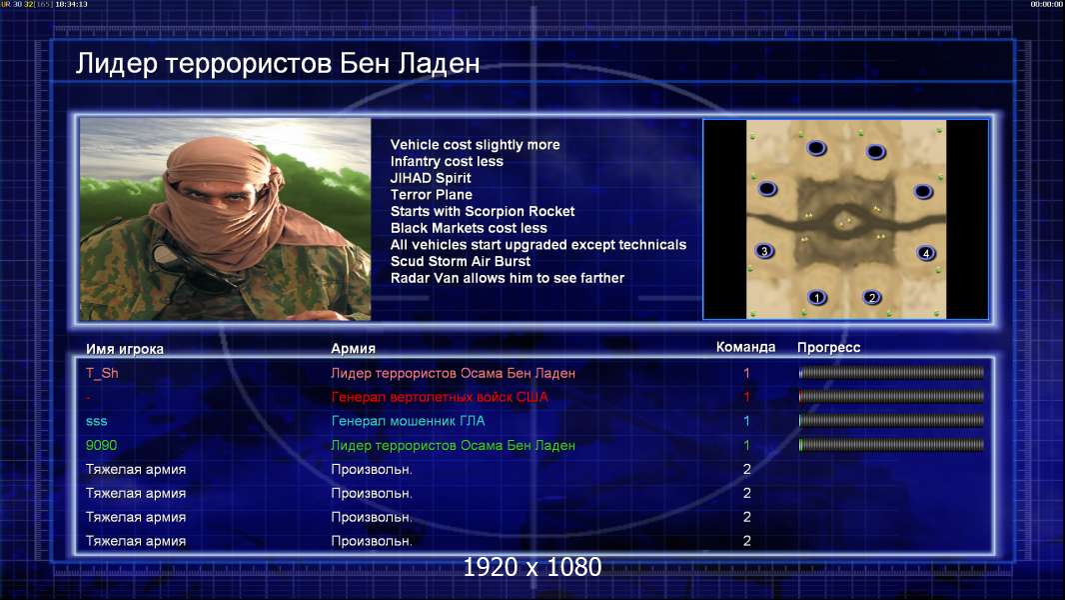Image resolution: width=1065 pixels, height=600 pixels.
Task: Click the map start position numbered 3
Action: tap(764, 251)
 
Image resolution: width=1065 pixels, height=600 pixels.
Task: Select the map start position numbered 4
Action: tap(926, 253)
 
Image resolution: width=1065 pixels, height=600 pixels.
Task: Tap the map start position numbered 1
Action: tap(817, 298)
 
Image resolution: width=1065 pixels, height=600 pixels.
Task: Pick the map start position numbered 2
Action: tap(872, 298)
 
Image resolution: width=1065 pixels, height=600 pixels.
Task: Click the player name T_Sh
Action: tap(102, 373)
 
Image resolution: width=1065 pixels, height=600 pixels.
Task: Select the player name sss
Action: tap(97, 421)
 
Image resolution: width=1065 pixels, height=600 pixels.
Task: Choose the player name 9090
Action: tap(101, 445)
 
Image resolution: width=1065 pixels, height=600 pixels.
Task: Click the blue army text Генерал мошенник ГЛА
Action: tap(408, 421)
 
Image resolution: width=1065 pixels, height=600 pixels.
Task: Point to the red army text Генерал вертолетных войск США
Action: tap(440, 397)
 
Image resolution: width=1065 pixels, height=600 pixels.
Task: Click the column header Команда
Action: tap(745, 347)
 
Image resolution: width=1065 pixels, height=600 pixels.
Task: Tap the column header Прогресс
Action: tap(828, 348)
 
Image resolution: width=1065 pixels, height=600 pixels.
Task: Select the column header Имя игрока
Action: tap(125, 349)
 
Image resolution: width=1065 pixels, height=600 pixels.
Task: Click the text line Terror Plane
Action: tap(432, 195)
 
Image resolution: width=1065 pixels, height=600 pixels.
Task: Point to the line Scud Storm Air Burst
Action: tap(461, 262)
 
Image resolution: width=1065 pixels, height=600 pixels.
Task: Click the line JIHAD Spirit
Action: tap(431, 178)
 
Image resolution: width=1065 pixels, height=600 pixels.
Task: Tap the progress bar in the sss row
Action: tap(891, 421)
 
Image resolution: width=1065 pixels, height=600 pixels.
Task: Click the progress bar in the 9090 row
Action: tap(891, 445)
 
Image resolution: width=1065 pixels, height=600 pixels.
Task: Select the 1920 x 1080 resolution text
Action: tap(532, 567)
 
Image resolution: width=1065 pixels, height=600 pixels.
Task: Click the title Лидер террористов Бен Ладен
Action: tap(278, 63)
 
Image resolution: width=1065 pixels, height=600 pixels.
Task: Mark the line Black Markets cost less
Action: tap(469, 228)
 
